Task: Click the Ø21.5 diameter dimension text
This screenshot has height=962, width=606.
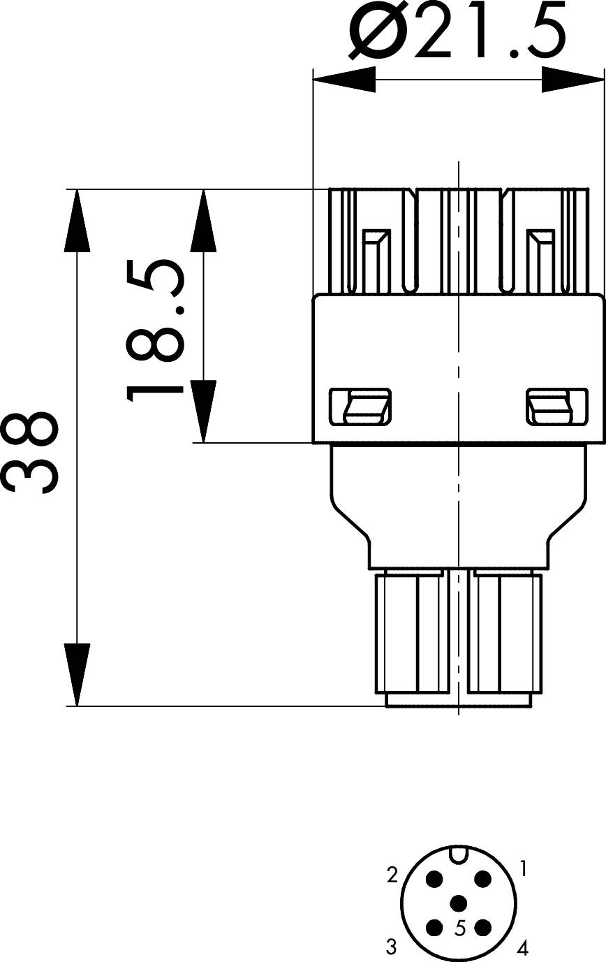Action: pyautogui.click(x=458, y=31)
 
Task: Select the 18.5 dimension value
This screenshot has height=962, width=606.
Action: pyautogui.click(x=155, y=331)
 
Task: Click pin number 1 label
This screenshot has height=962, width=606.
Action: pyautogui.click(x=524, y=868)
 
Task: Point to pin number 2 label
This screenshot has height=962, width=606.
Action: pyautogui.click(x=392, y=874)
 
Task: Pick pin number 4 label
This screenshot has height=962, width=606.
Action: pyautogui.click(x=522, y=947)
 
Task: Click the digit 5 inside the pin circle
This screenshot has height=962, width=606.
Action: pyautogui.click(x=460, y=928)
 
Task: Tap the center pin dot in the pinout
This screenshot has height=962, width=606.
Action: pyautogui.click(x=458, y=904)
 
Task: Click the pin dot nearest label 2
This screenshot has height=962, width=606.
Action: pyautogui.click(x=435, y=880)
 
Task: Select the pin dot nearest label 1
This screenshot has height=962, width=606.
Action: pyautogui.click(x=482, y=880)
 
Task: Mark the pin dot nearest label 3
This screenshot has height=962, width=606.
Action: pyautogui.click(x=435, y=927)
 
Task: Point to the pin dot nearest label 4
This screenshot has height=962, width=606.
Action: pyautogui.click(x=482, y=927)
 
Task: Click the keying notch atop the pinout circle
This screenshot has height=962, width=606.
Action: pyautogui.click(x=458, y=854)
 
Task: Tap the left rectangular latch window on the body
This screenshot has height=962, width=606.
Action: pyautogui.click(x=360, y=407)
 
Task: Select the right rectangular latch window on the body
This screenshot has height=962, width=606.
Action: pyautogui.click(x=556, y=407)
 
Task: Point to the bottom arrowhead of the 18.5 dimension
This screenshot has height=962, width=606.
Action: pyautogui.click(x=204, y=411)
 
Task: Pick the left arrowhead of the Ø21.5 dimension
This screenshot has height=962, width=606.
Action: pyautogui.click(x=344, y=80)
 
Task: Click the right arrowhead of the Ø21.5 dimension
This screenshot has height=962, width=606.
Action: pyautogui.click(x=572, y=80)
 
